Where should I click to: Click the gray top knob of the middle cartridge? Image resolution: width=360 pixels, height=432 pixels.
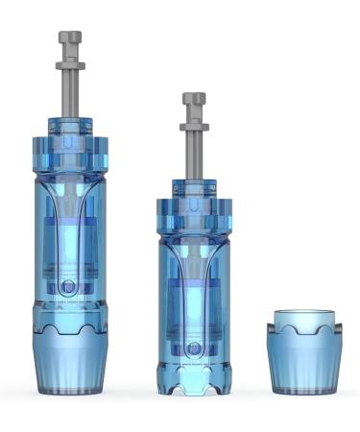[x=194, y=99]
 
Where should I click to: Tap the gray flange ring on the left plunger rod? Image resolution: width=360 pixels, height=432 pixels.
[x=69, y=65]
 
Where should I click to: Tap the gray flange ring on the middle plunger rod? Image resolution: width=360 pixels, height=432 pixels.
[x=194, y=127]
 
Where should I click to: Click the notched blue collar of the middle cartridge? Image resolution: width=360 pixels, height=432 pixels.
[x=194, y=213]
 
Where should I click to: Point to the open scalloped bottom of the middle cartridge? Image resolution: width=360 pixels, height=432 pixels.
[x=194, y=387]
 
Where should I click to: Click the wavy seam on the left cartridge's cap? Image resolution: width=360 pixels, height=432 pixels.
[x=69, y=326]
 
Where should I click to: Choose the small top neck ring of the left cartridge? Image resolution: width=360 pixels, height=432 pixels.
[x=69, y=126]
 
